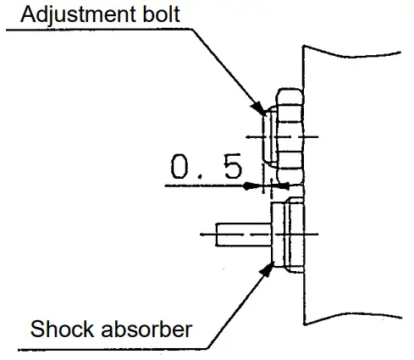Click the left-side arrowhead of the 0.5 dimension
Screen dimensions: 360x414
(254, 186)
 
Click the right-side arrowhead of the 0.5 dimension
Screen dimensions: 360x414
(283, 186)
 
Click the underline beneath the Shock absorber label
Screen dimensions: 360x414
(102, 345)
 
